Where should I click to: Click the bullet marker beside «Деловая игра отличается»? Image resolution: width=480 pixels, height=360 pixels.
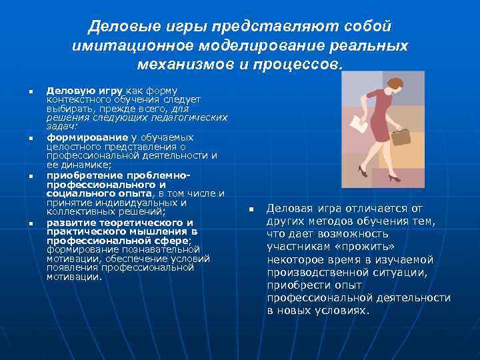252,210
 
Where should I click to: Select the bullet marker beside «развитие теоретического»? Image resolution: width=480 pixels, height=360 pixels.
31,223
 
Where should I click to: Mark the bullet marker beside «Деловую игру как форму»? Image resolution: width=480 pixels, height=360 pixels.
31,90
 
